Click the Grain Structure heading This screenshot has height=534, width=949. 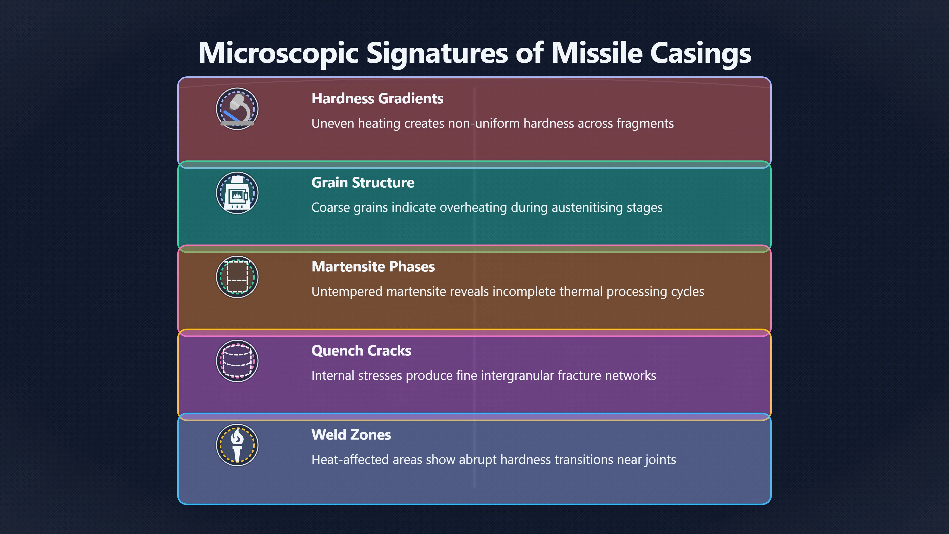tap(363, 183)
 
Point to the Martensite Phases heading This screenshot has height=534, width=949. tap(373, 267)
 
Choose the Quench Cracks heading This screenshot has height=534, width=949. tap(361, 351)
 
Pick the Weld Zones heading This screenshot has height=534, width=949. tap(351, 435)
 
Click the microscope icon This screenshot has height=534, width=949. tap(237, 109)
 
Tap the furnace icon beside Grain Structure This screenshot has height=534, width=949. tap(237, 193)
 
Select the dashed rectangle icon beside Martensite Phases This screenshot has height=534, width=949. tap(237, 277)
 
